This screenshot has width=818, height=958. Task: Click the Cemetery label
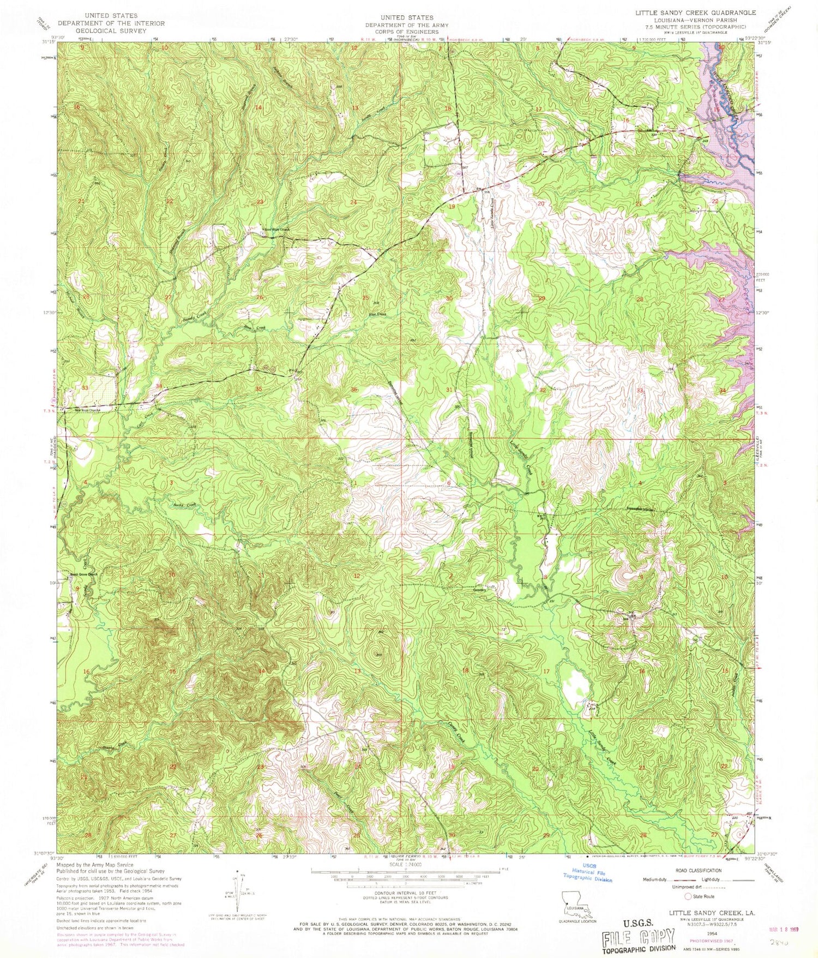click(x=480, y=590)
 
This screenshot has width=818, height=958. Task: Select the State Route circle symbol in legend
click(x=688, y=896)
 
